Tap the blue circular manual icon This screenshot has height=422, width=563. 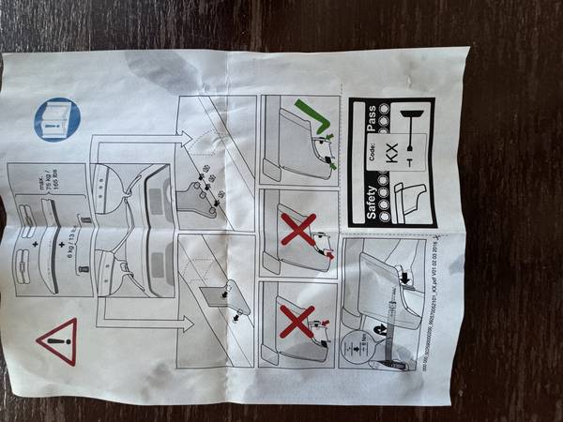[57, 119]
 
